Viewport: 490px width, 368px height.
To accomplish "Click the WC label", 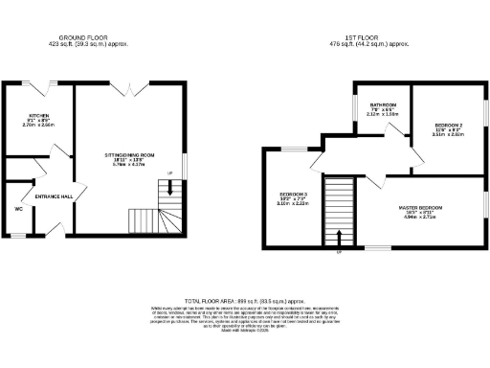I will pyautogui.click(x=19, y=208).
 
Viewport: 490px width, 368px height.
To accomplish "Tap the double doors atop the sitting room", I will pyautogui.click(x=122, y=86).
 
